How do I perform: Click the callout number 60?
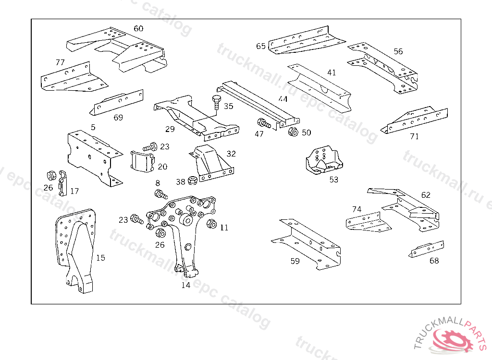coord(138,29)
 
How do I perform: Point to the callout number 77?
coord(60,62)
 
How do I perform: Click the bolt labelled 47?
coord(264,123)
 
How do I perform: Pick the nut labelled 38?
coord(191,181)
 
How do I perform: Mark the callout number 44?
coord(283,99)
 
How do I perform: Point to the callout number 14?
coord(186,285)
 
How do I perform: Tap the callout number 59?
coord(295,261)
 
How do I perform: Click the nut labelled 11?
coord(211,224)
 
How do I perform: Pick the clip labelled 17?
coord(63,183)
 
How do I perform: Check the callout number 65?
coord(261,46)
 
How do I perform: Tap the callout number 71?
coord(415,136)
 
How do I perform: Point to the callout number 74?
coord(357,209)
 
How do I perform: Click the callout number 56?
coord(398,51)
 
